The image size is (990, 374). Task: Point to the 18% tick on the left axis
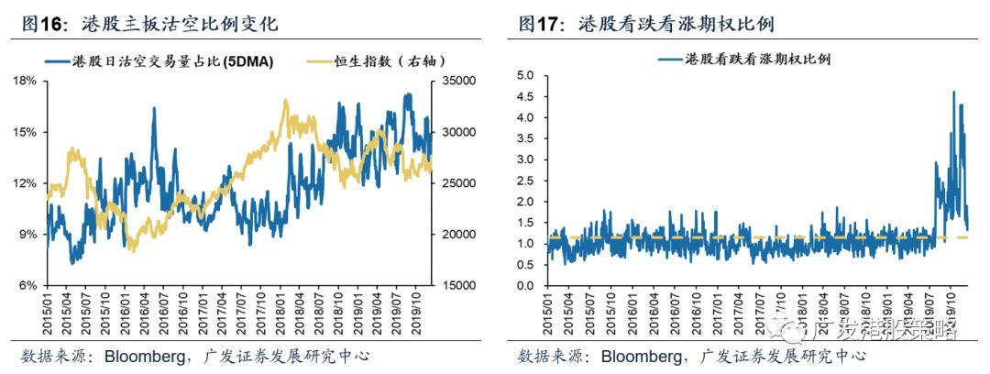[x=25, y=81]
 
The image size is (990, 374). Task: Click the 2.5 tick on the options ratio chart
[x=524, y=181]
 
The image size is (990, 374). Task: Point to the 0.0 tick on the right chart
[x=524, y=285]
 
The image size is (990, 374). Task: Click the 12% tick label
[x=25, y=183]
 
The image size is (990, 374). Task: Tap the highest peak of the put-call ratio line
[x=953, y=92]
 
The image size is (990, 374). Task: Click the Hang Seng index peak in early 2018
[x=286, y=100]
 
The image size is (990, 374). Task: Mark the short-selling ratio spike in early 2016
[x=153, y=108]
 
